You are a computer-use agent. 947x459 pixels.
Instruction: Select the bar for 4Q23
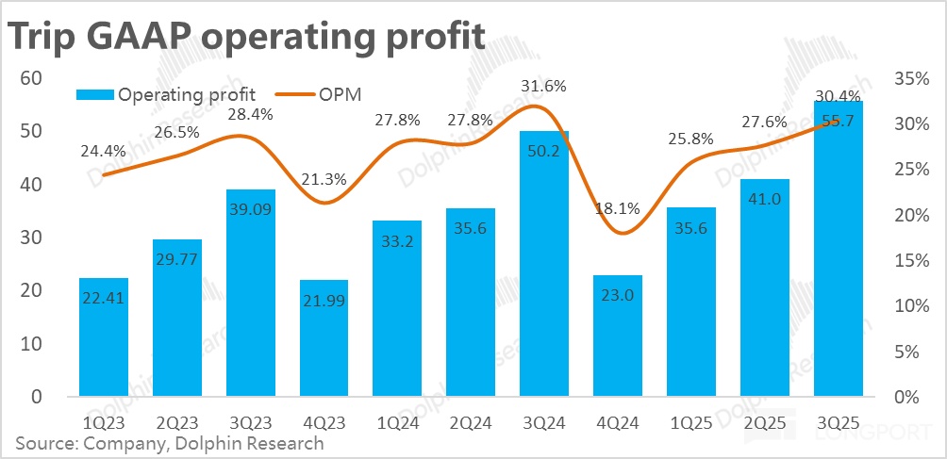click(x=324, y=338)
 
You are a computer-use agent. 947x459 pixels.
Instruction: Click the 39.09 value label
click(x=250, y=214)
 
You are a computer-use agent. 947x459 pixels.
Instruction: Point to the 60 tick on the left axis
click(x=30, y=77)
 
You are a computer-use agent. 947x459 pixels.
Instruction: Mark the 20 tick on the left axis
click(x=30, y=291)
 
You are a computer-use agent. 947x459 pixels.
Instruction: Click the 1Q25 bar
click(x=691, y=302)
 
